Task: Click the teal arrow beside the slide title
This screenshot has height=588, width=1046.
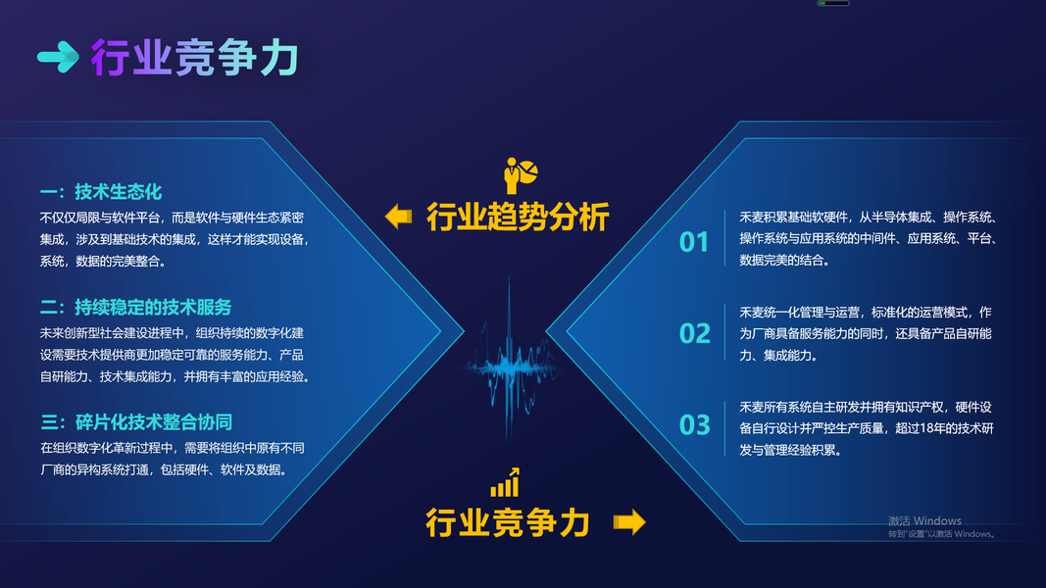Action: click(58, 57)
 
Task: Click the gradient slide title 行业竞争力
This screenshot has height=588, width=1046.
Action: click(195, 58)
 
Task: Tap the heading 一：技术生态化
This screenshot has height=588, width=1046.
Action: click(101, 192)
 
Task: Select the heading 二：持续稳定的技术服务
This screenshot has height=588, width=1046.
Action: click(135, 307)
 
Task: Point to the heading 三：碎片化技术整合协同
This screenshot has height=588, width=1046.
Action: click(136, 422)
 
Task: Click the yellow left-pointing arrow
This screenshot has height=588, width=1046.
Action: click(399, 217)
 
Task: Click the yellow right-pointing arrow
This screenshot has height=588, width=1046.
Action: click(629, 522)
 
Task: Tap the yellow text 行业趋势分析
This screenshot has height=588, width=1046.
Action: click(518, 218)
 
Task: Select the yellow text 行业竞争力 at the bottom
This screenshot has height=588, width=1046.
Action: click(509, 522)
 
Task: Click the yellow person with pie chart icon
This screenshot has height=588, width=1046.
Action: click(521, 175)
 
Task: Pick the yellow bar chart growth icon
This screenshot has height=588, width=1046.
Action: click(505, 483)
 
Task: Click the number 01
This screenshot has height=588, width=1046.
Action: click(694, 242)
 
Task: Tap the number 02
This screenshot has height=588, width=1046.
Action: click(694, 333)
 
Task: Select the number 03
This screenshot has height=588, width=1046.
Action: click(694, 424)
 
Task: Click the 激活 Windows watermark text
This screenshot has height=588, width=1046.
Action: click(924, 520)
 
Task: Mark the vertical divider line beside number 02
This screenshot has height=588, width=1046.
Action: click(725, 332)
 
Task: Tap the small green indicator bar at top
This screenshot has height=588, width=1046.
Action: click(833, 3)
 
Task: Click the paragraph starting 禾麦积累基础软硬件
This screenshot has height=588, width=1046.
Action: click(868, 239)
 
